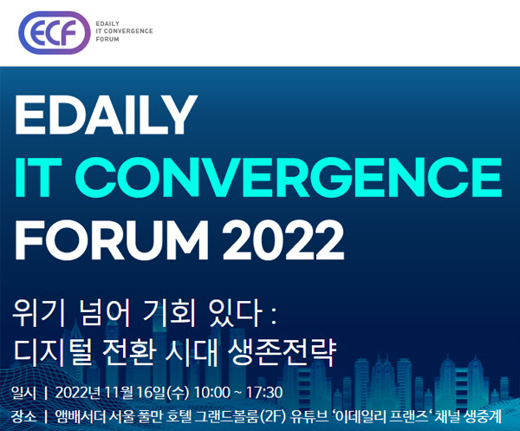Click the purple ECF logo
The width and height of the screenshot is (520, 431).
pyautogui.click(x=54, y=32)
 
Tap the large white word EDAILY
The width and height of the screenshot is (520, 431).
pyautogui.click(x=106, y=114)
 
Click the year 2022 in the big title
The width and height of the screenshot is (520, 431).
pyautogui.click(x=283, y=240)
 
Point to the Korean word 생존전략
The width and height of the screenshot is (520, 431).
pyautogui.click(x=283, y=352)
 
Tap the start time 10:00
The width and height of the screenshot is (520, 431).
pyautogui.click(x=211, y=393)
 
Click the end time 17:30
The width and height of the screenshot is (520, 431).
pyautogui.click(x=264, y=393)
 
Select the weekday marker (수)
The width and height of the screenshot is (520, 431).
pyautogui.click(x=178, y=393)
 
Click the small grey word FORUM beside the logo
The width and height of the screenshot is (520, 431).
pyautogui.click(x=107, y=39)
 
